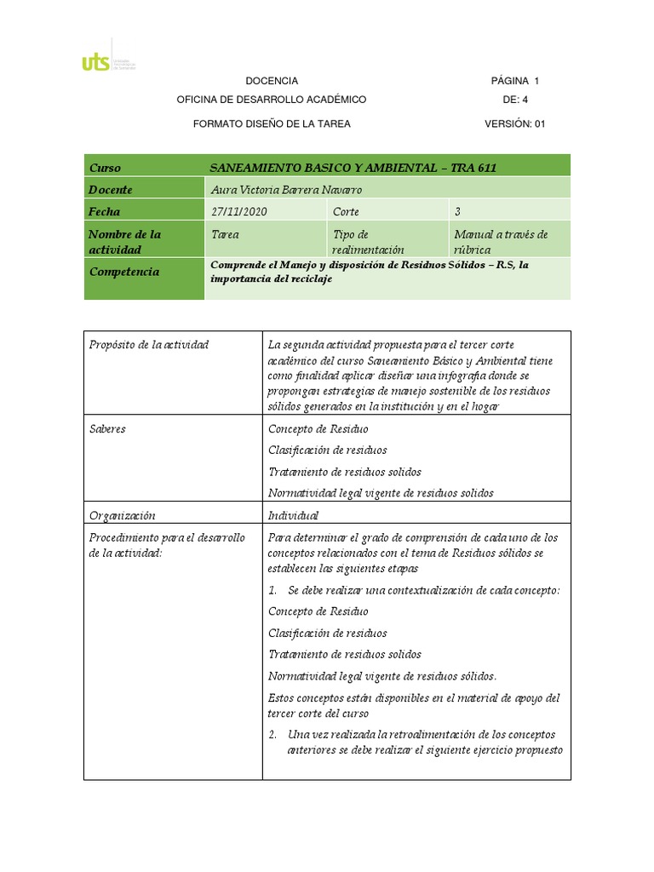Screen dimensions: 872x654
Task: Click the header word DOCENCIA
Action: (272, 81)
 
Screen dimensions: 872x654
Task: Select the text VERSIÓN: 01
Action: (514, 123)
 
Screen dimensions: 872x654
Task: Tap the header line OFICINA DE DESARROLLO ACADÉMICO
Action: (271, 100)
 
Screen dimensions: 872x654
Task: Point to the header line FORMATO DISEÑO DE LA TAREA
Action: (272, 123)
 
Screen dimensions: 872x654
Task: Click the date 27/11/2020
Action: (238, 212)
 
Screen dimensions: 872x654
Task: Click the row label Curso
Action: (105, 168)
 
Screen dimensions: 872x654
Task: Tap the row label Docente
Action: (111, 190)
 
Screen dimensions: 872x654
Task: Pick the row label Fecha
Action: (105, 212)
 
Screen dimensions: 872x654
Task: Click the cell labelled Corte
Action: (346, 212)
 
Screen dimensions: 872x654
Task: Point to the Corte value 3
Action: (457, 212)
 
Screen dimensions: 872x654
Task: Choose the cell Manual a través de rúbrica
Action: (501, 242)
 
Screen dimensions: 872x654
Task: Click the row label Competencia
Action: (123, 272)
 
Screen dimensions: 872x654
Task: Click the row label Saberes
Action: (107, 428)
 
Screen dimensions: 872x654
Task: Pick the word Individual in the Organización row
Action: (293, 515)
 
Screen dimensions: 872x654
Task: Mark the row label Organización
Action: (122, 515)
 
